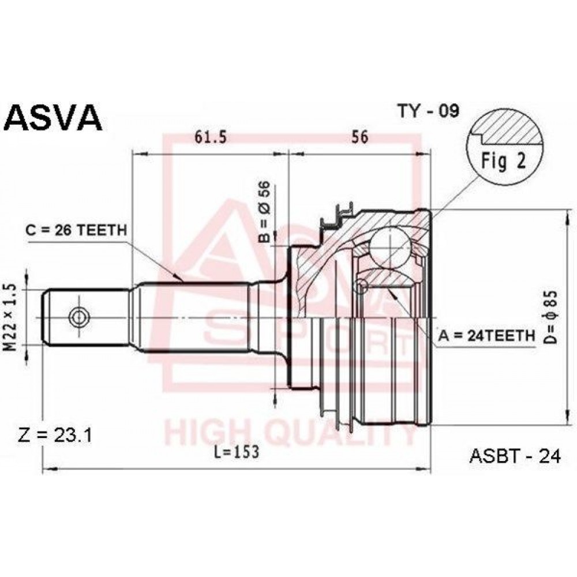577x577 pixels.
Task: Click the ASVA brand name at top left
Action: click(x=53, y=118)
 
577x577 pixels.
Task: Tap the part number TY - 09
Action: click(x=428, y=110)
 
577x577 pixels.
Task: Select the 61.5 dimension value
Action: click(x=211, y=137)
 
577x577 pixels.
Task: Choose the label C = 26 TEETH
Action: click(x=76, y=230)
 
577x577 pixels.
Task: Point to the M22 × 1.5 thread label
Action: click(x=12, y=317)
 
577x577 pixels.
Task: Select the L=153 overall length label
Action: click(x=237, y=452)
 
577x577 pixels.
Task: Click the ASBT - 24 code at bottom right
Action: click(x=515, y=456)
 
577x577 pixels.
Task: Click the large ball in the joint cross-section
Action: click(x=390, y=246)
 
